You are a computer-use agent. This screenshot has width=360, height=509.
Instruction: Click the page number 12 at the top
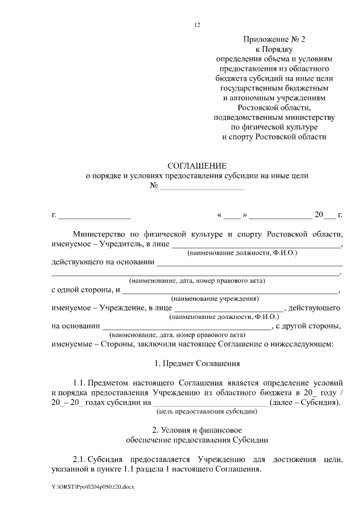click(197, 24)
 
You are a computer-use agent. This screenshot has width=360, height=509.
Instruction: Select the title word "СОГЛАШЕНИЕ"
click(197, 166)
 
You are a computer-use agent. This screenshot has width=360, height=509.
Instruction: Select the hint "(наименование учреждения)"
click(215, 299)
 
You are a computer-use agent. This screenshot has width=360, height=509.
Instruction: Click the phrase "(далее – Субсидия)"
click(305, 402)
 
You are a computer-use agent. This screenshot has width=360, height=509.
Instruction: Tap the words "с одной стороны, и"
click(85, 290)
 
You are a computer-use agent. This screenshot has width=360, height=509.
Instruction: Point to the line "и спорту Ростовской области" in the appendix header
click(274, 136)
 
